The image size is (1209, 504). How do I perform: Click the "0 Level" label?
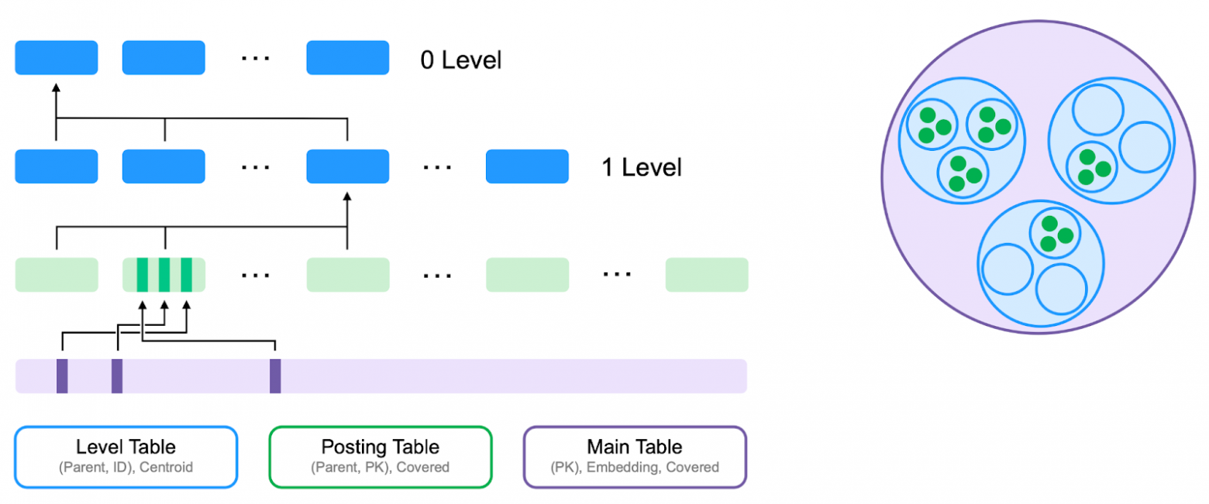[x=460, y=60]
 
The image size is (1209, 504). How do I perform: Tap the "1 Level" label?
[x=641, y=167]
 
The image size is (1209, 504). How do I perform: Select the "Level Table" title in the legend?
[x=126, y=447]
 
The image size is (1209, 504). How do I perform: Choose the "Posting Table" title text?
[x=380, y=447]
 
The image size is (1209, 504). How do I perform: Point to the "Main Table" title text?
[x=634, y=447]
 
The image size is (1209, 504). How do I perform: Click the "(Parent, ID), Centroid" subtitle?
[x=126, y=467]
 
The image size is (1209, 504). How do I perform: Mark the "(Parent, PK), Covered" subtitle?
[x=380, y=467]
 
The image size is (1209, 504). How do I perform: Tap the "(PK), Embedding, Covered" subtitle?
[x=634, y=467]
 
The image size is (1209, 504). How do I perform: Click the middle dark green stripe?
[x=164, y=275]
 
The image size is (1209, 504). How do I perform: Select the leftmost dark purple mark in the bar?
[x=62, y=375]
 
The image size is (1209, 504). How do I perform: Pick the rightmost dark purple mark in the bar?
[x=275, y=375]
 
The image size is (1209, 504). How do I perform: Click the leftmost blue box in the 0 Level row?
[x=57, y=58]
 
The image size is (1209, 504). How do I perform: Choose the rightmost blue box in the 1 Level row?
[x=527, y=166]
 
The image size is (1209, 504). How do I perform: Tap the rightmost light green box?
[x=707, y=275]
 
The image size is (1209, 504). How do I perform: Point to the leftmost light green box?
[x=57, y=275]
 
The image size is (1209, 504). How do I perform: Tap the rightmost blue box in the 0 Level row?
[x=347, y=58]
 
